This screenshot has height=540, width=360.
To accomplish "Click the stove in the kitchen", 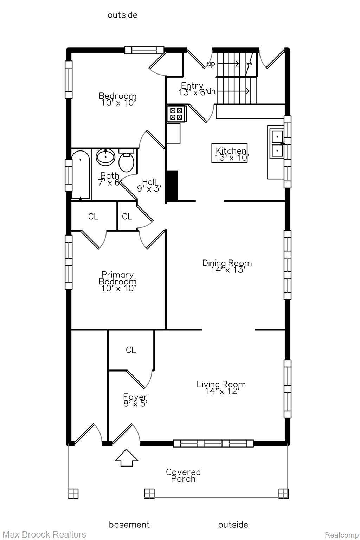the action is pos(176,114).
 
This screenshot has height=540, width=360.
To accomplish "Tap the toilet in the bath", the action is pos(126,160).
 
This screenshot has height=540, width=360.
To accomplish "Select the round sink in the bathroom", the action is pos(105,157).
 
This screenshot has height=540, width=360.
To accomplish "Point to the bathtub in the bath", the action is pos(81,175).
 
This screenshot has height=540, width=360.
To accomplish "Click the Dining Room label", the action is pos(227,266).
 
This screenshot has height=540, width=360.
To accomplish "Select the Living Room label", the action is pos(221,387).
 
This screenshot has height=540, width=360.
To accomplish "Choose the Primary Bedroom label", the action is pos(117,281).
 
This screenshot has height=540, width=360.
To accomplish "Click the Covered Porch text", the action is pos(183,475).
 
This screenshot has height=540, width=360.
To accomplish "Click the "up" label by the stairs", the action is pos(211,64).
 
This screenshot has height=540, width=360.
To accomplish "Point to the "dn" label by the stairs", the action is pos(211,91).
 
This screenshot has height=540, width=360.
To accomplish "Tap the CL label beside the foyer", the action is pos(131,350).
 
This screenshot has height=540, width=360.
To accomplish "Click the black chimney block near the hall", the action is pos(172,185).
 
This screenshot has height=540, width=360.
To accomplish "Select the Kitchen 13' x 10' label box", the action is pos(230,153).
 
